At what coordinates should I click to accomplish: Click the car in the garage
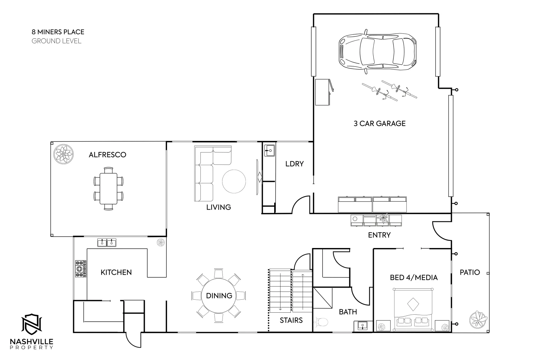pyautogui.click(x=377, y=53)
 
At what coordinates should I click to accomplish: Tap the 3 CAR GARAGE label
pyautogui.click(x=380, y=124)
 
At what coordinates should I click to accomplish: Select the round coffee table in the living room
pyautogui.click(x=234, y=181)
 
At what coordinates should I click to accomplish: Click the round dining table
pyautogui.click(x=219, y=296)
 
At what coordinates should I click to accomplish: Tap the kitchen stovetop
pyautogui.click(x=80, y=269)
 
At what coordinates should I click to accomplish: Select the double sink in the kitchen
pyautogui.click(x=107, y=242)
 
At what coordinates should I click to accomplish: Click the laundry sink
pyautogui.click(x=269, y=150)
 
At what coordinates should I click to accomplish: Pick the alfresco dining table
pyautogui.click(x=108, y=188)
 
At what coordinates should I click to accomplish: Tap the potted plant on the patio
pyautogui.click(x=479, y=320)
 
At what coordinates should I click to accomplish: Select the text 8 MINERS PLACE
pyautogui.click(x=58, y=32)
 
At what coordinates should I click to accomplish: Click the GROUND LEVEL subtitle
pyautogui.click(x=56, y=41)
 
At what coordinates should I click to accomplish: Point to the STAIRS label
pyautogui.click(x=291, y=320)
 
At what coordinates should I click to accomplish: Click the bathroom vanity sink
pyautogui.click(x=363, y=325)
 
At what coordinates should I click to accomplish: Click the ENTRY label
pyautogui.click(x=379, y=235)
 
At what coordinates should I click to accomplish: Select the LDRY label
pyautogui.click(x=294, y=164)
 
